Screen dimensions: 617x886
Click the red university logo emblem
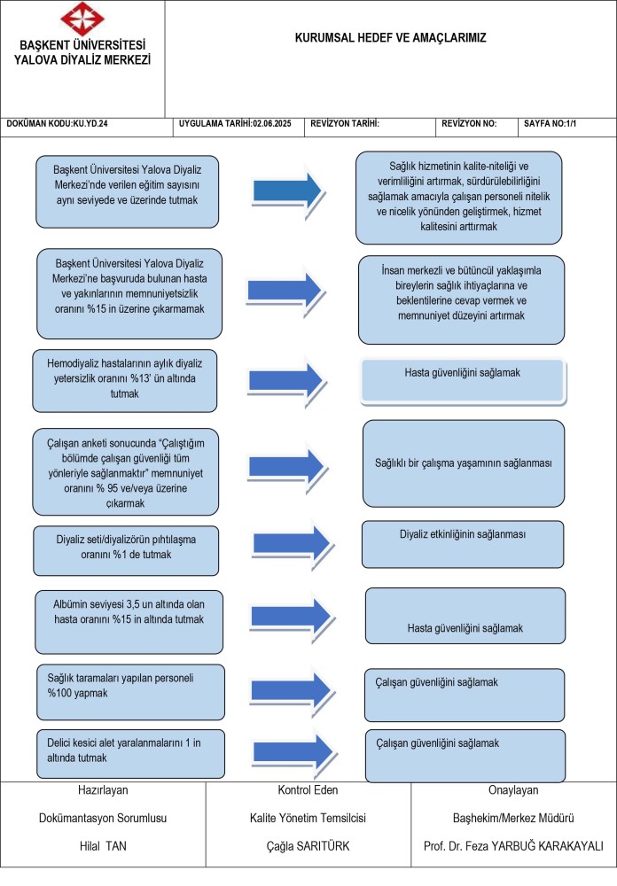tap(82, 19)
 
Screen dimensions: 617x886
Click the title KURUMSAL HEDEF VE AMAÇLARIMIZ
tap(390, 38)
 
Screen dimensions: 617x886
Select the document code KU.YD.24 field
tap(57, 123)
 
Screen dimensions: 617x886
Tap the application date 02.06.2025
tap(235, 123)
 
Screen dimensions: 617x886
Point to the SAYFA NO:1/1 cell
tap(550, 123)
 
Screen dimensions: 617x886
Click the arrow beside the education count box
tap(288, 191)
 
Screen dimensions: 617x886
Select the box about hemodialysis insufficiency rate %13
tap(124, 381)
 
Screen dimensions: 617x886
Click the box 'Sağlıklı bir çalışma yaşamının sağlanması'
tap(464, 463)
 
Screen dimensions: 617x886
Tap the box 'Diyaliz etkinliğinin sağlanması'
tap(463, 544)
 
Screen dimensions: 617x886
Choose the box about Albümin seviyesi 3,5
tap(129, 622)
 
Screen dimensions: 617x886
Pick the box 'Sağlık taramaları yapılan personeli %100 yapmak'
tap(130, 692)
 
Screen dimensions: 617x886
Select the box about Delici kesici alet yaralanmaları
tap(130, 754)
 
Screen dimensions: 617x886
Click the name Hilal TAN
tap(103, 846)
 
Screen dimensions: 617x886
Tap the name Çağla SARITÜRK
tap(308, 846)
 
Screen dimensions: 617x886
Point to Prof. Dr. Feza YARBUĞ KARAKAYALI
tap(513, 846)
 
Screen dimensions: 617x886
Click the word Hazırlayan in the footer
tap(103, 790)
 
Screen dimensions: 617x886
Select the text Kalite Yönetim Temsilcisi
tap(308, 818)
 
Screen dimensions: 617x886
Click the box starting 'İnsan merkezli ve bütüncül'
tap(462, 299)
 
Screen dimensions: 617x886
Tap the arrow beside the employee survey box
tap(287, 468)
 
